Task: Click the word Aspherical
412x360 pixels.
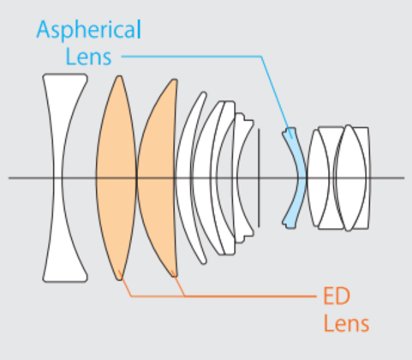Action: (88, 30)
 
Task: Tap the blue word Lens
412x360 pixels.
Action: (88, 57)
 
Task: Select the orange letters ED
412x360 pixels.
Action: (337, 296)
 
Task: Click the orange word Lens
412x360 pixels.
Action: (346, 323)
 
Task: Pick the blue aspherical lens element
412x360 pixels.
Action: (299, 177)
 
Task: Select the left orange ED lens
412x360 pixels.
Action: (116, 177)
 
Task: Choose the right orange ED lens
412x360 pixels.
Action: (157, 177)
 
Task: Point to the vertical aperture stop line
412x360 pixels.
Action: (259, 177)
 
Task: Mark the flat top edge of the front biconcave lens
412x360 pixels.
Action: (65, 75)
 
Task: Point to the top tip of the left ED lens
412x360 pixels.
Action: (119, 76)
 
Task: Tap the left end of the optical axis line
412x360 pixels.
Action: (9, 177)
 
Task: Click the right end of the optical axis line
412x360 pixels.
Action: (404, 177)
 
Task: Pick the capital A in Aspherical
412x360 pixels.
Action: (45, 29)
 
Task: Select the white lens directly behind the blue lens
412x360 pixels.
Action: (319, 177)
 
